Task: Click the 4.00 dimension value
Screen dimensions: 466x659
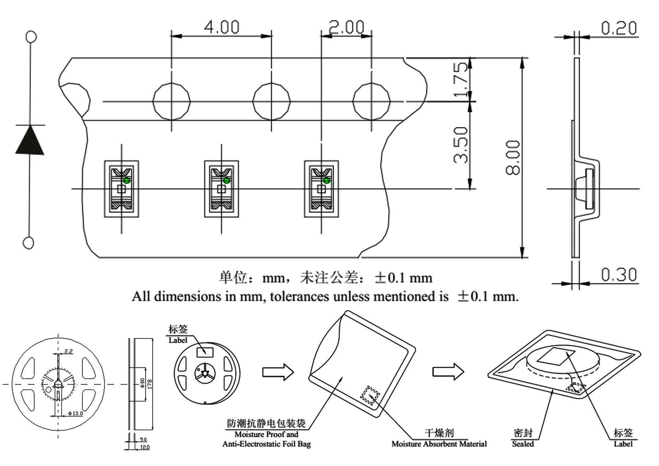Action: tap(222, 27)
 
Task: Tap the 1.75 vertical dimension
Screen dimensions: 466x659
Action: tap(461, 79)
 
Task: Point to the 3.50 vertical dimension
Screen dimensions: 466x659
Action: tap(461, 145)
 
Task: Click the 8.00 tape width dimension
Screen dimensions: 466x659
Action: tap(513, 158)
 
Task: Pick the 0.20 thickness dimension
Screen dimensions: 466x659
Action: tap(619, 28)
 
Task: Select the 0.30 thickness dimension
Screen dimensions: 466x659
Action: tap(619, 275)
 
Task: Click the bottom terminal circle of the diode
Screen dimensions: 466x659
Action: tap(28, 243)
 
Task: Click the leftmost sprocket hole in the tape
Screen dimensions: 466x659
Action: tap(171, 101)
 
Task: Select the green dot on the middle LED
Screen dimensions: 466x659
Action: tap(227, 180)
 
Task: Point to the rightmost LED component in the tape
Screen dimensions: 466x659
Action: tap(321, 189)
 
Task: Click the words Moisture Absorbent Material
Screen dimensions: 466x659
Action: tap(439, 444)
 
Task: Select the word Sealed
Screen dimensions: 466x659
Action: tap(523, 444)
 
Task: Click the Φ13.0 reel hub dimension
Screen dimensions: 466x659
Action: tap(76, 413)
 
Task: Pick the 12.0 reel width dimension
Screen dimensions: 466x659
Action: tap(145, 447)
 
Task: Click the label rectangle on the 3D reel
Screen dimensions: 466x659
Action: tap(205, 352)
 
